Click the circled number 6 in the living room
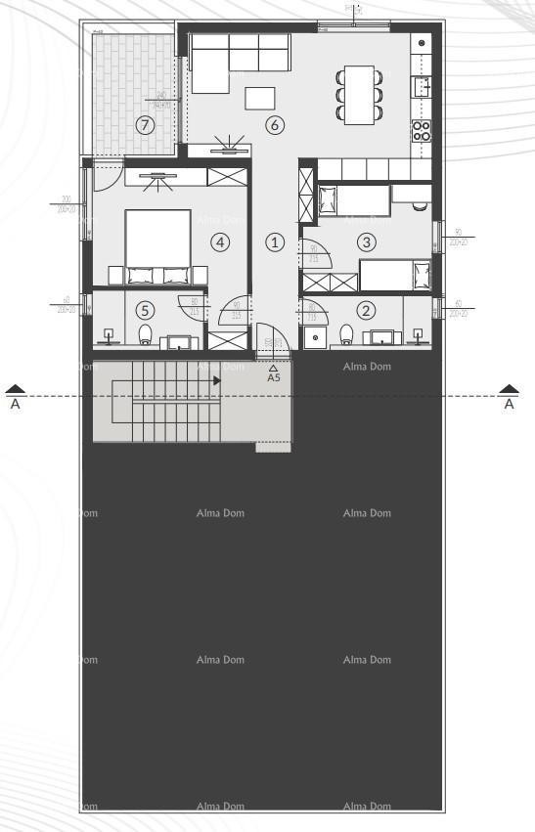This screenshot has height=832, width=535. coord(274,125)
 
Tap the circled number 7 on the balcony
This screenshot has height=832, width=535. coord(145,125)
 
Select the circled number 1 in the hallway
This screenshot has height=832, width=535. coord(276,241)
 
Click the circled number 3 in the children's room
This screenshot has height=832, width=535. coord(366,241)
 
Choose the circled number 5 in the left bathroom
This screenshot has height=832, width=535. coord(145,311)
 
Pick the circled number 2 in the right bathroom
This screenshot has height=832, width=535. coord(366,311)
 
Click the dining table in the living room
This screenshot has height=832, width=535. coord(359,93)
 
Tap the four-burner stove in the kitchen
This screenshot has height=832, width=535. coord(422,131)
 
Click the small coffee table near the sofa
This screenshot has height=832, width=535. coord(260,98)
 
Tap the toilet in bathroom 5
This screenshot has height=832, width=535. coord(146,336)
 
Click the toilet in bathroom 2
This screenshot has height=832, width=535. coord(346,336)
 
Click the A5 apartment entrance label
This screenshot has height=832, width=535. coord(274,376)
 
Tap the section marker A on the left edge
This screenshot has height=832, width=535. coord(15,400)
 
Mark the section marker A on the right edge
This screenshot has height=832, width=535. coord(509,400)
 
